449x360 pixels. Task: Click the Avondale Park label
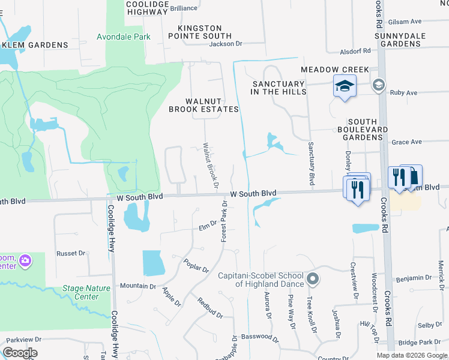pos(124,37)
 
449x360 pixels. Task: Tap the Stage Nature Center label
pos(87,292)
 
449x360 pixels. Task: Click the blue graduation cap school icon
pos(345,87)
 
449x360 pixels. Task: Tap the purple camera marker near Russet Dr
pos(25,260)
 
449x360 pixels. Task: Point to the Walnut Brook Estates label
pos(203,105)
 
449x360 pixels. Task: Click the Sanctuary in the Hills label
pos(279,88)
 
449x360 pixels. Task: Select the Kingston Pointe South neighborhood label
pos(200,32)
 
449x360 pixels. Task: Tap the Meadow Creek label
pos(335,70)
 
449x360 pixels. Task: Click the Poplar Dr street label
pos(196,266)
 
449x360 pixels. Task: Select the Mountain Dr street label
pos(137,286)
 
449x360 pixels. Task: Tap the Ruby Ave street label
pos(403,93)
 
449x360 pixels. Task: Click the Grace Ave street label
pos(406,142)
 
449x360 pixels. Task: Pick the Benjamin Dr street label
pos(413,278)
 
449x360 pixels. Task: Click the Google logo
pos(20,353)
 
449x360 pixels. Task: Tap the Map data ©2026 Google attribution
pos(411,355)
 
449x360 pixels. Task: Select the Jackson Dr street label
pos(225,44)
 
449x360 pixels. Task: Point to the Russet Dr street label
pos(71,253)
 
